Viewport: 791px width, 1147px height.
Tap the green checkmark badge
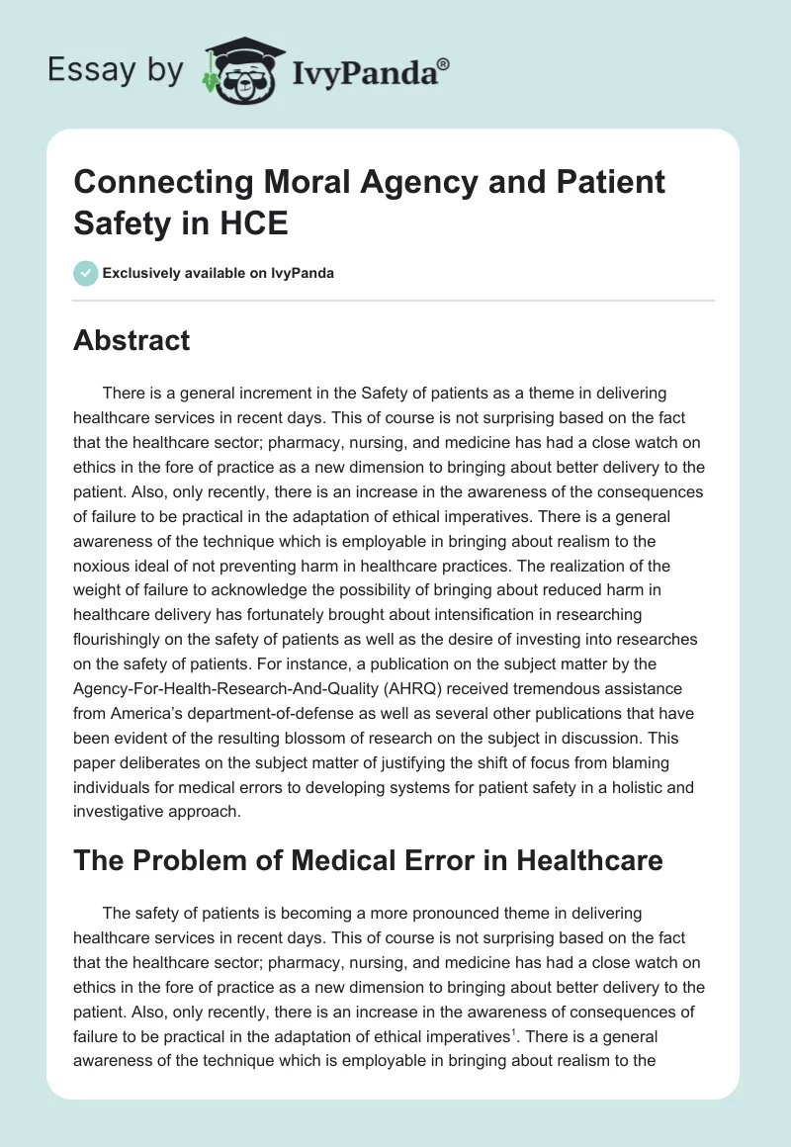click(x=86, y=273)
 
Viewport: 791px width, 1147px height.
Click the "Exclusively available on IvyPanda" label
click(x=219, y=274)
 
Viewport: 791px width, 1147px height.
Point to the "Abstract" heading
click(x=132, y=340)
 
